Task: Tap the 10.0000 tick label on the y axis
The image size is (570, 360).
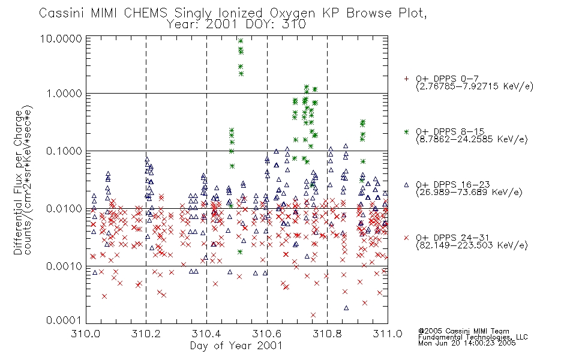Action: pos(61,39)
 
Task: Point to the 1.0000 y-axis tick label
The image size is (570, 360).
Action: pos(64,94)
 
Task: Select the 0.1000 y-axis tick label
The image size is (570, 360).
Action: pos(64,151)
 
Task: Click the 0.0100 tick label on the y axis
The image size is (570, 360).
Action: pos(64,209)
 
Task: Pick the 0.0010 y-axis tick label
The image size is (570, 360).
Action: pos(64,266)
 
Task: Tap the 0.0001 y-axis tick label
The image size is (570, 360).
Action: pos(64,320)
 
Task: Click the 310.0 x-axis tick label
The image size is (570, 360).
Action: pos(86,334)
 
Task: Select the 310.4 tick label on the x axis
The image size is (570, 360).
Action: pos(207,334)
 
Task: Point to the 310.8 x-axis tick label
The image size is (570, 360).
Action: pos(327,334)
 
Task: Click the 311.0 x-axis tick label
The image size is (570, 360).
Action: pos(388,334)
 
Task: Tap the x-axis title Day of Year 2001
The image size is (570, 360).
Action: pos(236,346)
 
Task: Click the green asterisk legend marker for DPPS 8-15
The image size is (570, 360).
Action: pos(406,131)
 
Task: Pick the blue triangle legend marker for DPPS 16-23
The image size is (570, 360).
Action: pos(406,185)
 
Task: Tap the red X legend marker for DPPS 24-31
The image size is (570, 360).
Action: pos(406,238)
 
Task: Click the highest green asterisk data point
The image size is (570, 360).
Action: pos(240,41)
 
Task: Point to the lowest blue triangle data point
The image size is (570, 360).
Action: pos(346,308)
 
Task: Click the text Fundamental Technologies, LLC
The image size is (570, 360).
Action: pos(473,337)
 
